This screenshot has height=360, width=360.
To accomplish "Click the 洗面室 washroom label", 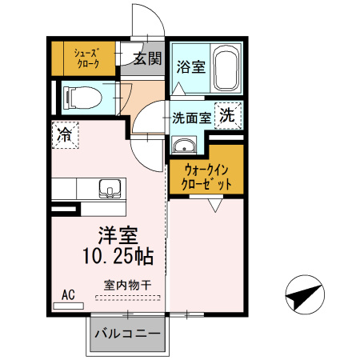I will tap(192, 116).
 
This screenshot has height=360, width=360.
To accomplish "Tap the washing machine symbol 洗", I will tap(229, 114).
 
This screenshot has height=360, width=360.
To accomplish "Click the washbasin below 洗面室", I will tap(185, 146).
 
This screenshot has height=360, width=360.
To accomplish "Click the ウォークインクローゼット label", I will tap(206, 176).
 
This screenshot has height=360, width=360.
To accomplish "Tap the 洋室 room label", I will tap(118, 237).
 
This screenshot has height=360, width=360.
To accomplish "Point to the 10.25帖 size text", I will tap(118, 257).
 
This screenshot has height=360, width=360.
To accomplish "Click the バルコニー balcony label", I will tap(127, 333).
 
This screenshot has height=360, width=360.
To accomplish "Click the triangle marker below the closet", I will tap(213, 206).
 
